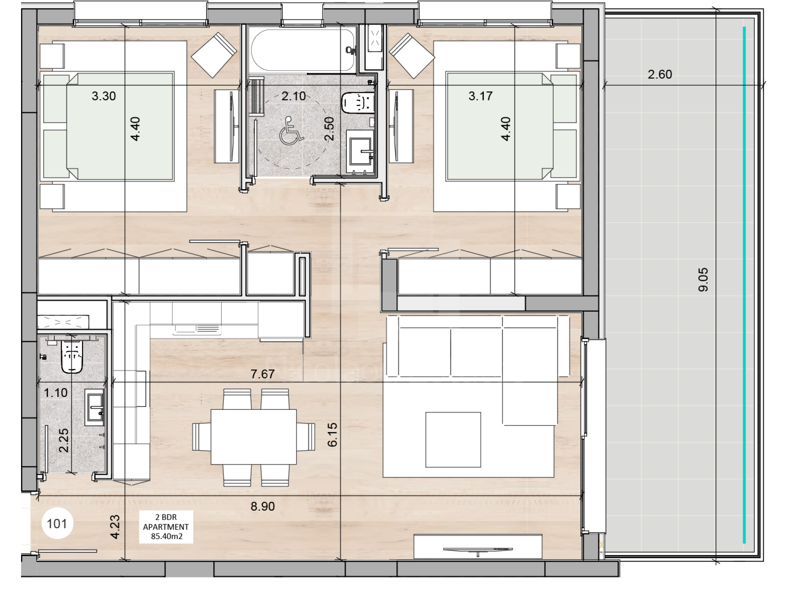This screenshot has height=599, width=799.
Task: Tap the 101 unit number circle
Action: [57, 523]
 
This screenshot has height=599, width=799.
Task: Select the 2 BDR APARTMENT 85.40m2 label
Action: [166, 526]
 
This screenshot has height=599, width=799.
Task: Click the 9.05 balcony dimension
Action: [703, 280]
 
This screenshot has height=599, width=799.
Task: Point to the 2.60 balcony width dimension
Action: [660, 74]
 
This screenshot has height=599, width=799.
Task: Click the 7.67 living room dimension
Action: [263, 374]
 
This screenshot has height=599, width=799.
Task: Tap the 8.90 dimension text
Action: [263, 506]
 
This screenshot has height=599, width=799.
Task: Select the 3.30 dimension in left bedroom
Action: [104, 96]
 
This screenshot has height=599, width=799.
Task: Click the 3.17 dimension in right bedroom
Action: [480, 96]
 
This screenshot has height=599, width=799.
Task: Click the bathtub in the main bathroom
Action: [303, 49]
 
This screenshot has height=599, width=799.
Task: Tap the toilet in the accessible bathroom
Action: [358, 103]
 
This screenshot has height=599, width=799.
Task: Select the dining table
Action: [254, 437]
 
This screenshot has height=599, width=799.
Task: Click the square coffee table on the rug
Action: [453, 440]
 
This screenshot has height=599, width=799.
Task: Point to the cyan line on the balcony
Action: [744, 285]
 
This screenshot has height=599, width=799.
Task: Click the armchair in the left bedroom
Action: [214, 55]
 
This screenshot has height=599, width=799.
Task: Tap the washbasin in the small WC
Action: [95, 408]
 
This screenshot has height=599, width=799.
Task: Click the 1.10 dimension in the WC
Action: [56, 393]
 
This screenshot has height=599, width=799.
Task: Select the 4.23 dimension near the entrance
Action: [115, 527]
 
